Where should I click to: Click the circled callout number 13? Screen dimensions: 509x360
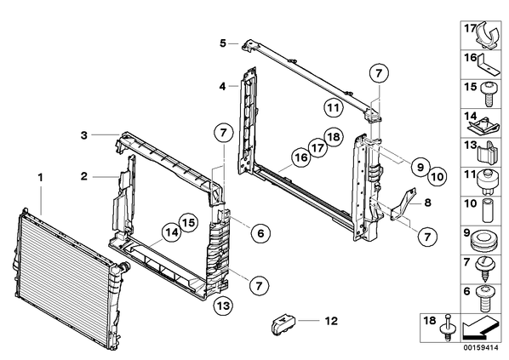tap(223, 306)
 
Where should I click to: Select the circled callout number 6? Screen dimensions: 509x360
tap(260, 232)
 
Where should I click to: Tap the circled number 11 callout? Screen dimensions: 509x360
tap(333, 107)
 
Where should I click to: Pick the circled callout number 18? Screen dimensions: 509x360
tap(334, 137)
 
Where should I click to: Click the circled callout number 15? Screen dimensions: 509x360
tap(189, 222)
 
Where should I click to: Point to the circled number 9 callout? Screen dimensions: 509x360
tap(420, 167)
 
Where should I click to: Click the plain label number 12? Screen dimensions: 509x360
tap(331, 321)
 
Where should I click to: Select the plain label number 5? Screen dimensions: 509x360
tap(223, 43)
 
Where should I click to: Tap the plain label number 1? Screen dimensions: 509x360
tap(41, 178)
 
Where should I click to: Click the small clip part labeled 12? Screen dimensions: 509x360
tap(283, 323)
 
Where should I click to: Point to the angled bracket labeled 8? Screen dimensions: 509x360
tap(403, 204)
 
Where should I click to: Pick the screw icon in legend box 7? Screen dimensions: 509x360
tap(484, 269)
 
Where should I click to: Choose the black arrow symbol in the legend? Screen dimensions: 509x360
tap(480, 329)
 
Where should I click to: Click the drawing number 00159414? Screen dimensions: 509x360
tap(480, 348)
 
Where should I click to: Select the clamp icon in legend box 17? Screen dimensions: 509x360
tap(488, 36)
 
